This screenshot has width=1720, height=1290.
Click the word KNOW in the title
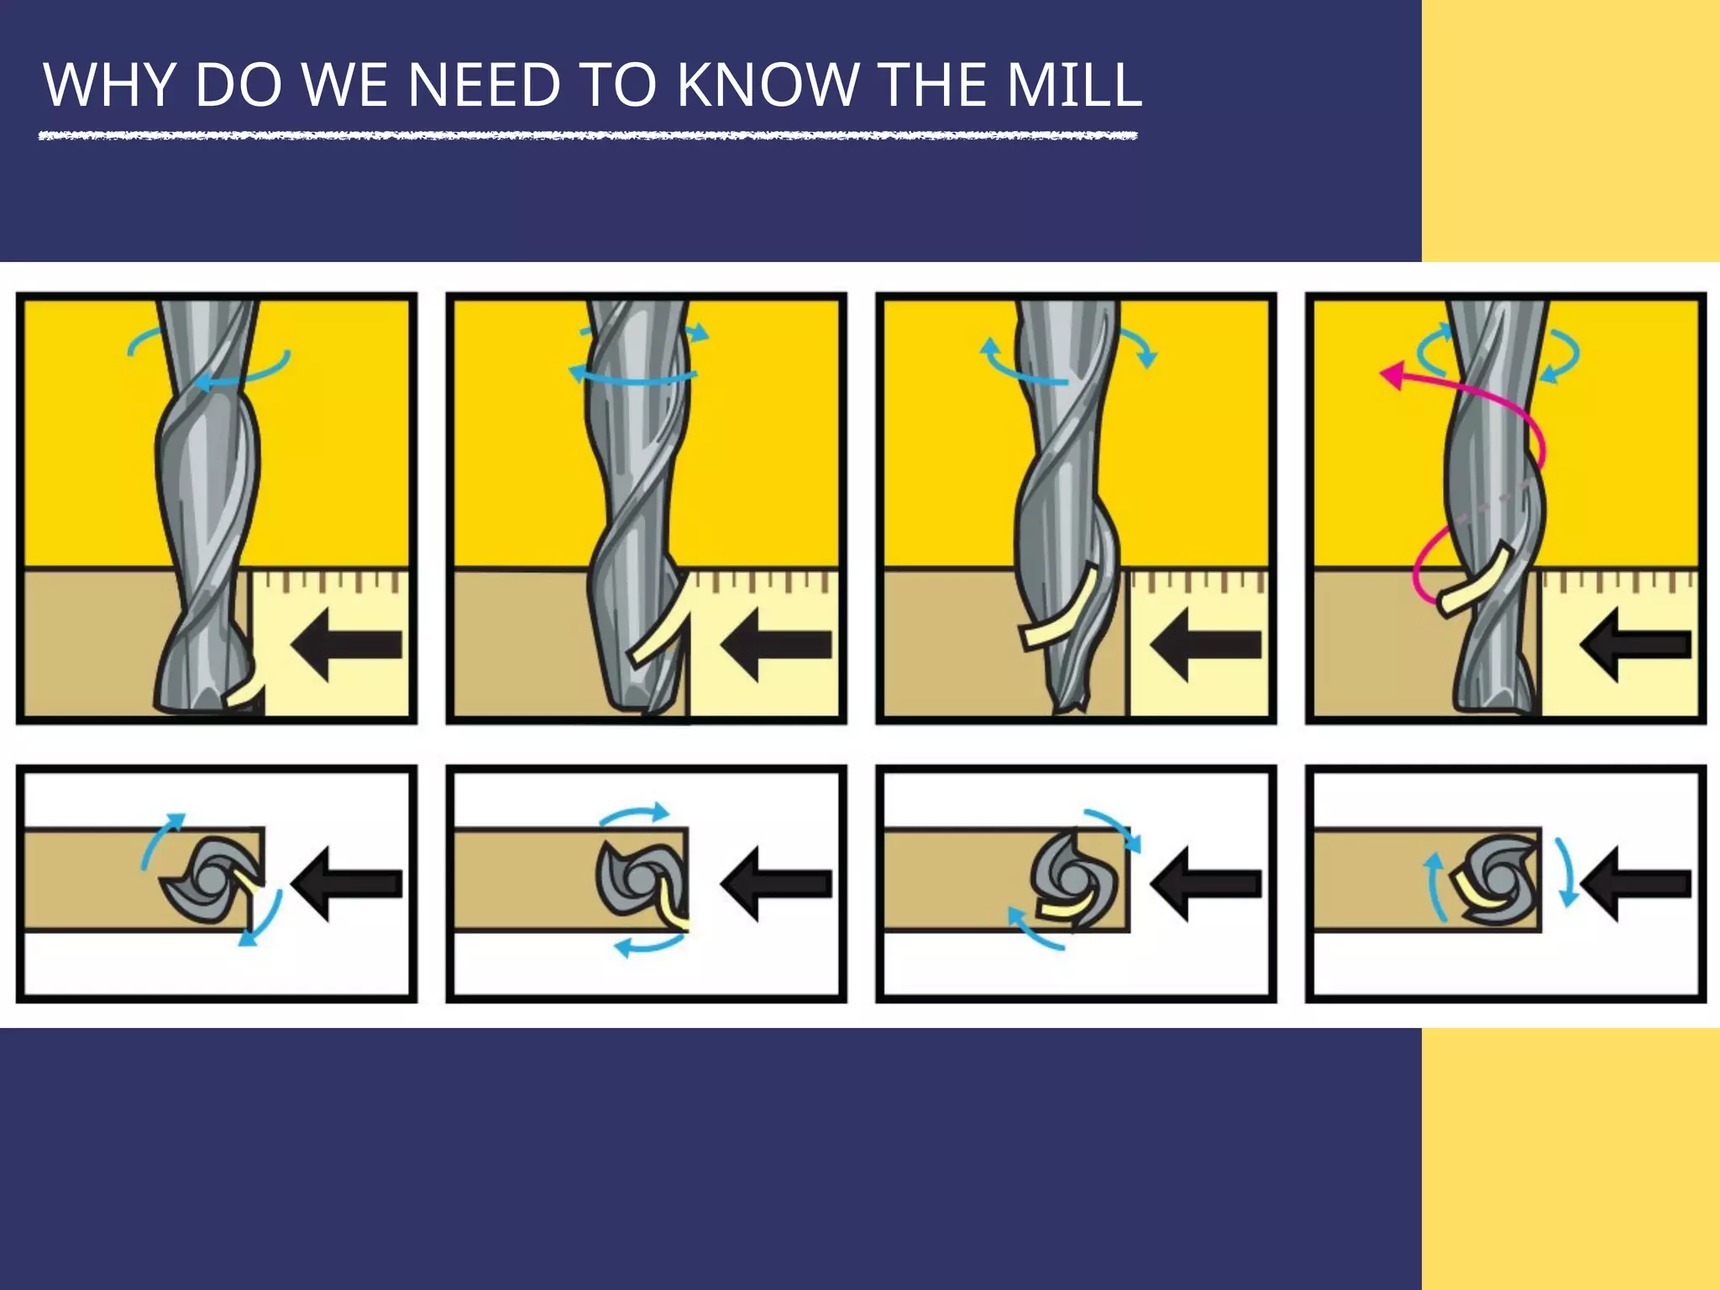pyautogui.click(x=768, y=85)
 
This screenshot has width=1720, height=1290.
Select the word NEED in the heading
pyautogui.click(x=484, y=85)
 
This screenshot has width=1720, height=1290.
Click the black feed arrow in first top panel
pyautogui.click(x=346, y=645)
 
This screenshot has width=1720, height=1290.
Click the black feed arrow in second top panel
pyautogui.click(x=776, y=645)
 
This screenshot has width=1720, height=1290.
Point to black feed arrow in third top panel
pyautogui.click(x=1206, y=645)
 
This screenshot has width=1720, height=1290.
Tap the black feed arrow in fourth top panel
pyautogui.click(x=1636, y=645)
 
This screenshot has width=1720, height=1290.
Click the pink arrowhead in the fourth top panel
pyautogui.click(x=1392, y=375)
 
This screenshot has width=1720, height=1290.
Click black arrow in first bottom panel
pyautogui.click(x=346, y=884)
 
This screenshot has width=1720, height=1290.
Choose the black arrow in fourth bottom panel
pyautogui.click(x=1636, y=884)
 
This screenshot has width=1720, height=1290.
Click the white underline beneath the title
pyautogui.click(x=588, y=135)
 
